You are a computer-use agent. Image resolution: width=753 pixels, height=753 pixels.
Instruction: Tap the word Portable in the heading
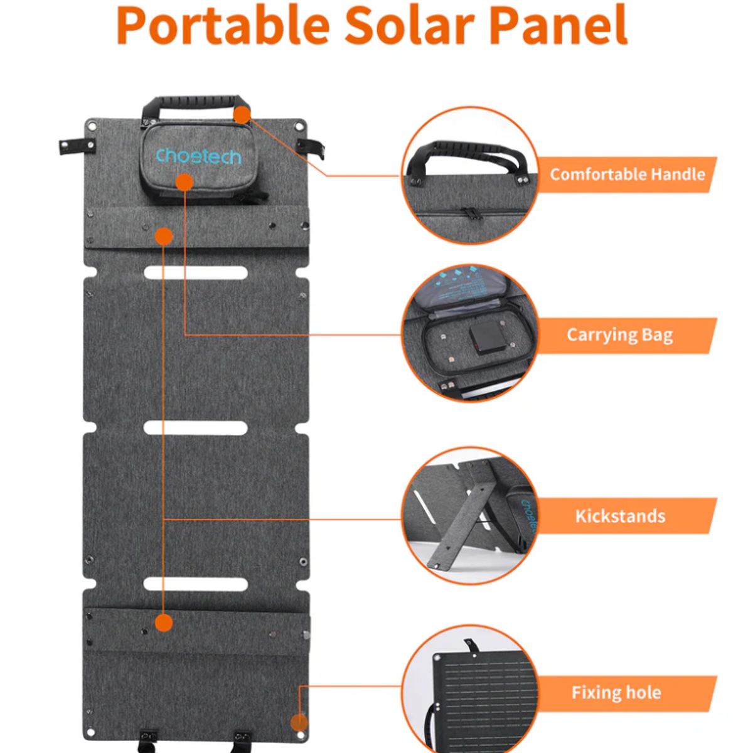(x=223, y=25)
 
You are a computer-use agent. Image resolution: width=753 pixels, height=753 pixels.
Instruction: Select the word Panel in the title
(x=558, y=25)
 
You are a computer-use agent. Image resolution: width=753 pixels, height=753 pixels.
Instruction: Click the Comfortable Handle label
(x=627, y=174)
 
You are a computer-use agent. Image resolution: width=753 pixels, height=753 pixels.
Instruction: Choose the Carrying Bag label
(x=619, y=335)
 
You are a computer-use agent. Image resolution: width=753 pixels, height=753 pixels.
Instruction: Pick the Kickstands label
(x=620, y=516)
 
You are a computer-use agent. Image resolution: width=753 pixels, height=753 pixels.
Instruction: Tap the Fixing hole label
(x=616, y=693)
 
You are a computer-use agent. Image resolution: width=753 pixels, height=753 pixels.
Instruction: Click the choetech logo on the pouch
(x=198, y=155)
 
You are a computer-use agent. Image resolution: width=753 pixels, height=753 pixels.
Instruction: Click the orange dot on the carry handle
(x=242, y=114)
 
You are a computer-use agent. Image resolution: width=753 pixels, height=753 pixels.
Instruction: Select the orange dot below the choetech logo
(x=184, y=183)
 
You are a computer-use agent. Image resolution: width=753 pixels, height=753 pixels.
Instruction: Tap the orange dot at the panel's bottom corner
(x=299, y=722)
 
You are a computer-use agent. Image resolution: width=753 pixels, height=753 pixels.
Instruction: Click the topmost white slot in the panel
(x=196, y=273)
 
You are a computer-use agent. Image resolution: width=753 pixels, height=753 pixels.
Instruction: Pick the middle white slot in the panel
(x=196, y=428)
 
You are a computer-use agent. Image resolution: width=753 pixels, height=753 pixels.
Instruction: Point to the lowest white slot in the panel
(x=196, y=584)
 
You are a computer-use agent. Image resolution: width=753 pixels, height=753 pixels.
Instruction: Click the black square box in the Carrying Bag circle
(x=488, y=339)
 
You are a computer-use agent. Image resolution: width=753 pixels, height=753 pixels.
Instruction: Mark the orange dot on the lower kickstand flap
(x=163, y=623)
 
